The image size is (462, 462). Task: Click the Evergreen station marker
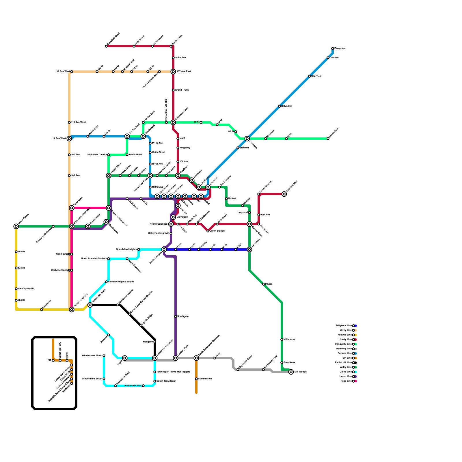pyautogui.click(x=333, y=49)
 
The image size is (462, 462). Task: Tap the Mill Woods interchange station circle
pyautogui.click(x=291, y=372)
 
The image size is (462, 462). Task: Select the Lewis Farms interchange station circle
pyautogui.click(x=16, y=226)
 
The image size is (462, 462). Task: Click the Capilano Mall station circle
pyautogui.click(x=284, y=194)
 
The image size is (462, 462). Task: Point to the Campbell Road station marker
pyautogui.click(x=106, y=46)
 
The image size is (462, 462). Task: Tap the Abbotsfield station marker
pyautogui.click(x=328, y=139)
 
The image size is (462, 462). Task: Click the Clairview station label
pyautogui.click(x=316, y=76)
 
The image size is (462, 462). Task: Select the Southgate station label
pyautogui.click(x=183, y=316)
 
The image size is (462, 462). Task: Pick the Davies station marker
pyautogui.click(x=263, y=284)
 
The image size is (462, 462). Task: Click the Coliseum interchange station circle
pyautogui.click(x=247, y=139)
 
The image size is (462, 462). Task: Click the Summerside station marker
pyautogui.click(x=196, y=379)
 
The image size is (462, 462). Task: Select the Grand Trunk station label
pyautogui.click(x=182, y=90)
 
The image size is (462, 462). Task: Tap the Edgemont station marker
pyautogui.click(x=42, y=310)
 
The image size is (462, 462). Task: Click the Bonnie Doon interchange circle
pyautogui.click(x=249, y=224)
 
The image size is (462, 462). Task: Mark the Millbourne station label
pyautogui.click(x=289, y=340)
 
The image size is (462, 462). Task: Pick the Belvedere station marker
pyautogui.click(x=280, y=106)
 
